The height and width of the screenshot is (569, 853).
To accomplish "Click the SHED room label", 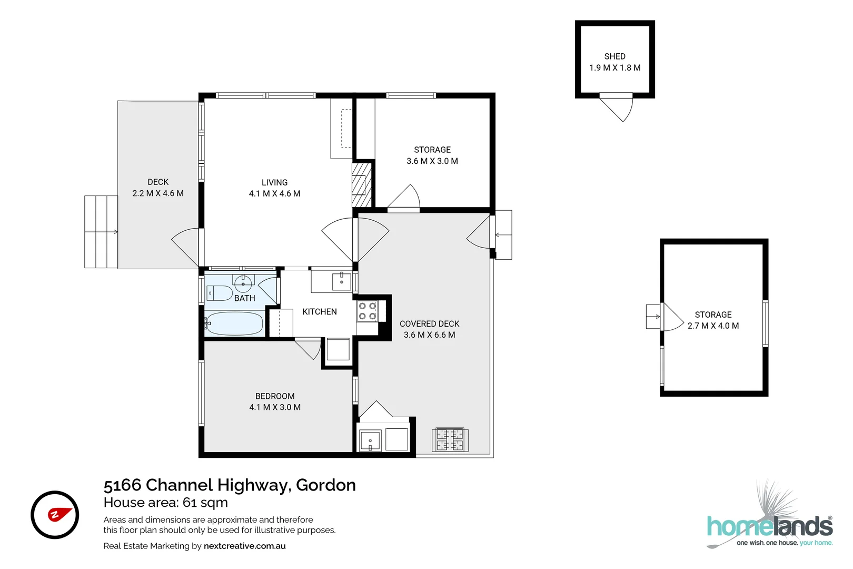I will (x=614, y=56).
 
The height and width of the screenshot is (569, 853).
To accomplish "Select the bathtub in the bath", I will (x=234, y=323).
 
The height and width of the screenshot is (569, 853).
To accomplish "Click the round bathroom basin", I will (x=243, y=284).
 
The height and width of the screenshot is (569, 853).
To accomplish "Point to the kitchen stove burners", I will (x=368, y=311).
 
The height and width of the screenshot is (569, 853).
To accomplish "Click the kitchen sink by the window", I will (x=341, y=281).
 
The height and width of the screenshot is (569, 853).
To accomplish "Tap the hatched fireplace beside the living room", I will (x=361, y=184).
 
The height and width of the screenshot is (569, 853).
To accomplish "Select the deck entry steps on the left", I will (x=101, y=232).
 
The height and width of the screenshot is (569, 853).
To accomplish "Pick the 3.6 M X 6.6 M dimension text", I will (x=429, y=335).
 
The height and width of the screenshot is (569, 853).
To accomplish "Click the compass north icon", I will (x=55, y=515).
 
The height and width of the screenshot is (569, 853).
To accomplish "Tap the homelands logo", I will (x=769, y=525).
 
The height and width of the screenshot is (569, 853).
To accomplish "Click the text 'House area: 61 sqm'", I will (x=166, y=503).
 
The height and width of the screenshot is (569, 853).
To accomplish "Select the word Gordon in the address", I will (x=326, y=485).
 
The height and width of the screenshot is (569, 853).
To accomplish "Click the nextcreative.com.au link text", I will (x=244, y=546).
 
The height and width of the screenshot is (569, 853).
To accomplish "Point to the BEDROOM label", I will (x=275, y=396).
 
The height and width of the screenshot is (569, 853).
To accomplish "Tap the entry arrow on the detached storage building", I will (x=653, y=317).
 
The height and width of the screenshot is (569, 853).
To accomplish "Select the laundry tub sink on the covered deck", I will (x=370, y=440).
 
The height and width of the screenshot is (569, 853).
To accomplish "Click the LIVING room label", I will (x=274, y=182).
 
